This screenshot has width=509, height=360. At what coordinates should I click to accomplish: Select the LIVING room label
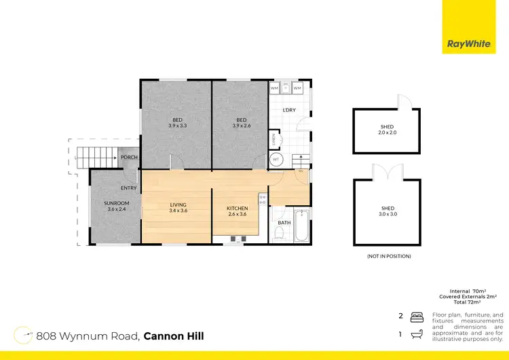[x=178, y=207]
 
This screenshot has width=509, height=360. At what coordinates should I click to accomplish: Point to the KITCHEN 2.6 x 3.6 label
[x=238, y=211]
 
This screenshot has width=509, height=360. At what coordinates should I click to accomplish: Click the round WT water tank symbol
[x=276, y=160]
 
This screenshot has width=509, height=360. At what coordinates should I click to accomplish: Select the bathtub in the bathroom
[x=302, y=226]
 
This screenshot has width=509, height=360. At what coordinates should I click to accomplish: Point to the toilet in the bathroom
[x=279, y=233]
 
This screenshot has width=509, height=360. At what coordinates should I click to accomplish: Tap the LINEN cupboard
[x=273, y=139]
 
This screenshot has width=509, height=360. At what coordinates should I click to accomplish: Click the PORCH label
[x=129, y=158]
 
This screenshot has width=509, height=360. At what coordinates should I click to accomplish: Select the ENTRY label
[x=129, y=188]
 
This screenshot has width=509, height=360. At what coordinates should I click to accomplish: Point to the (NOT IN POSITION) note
[x=388, y=256]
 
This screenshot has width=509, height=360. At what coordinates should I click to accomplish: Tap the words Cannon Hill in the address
[x=173, y=336]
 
